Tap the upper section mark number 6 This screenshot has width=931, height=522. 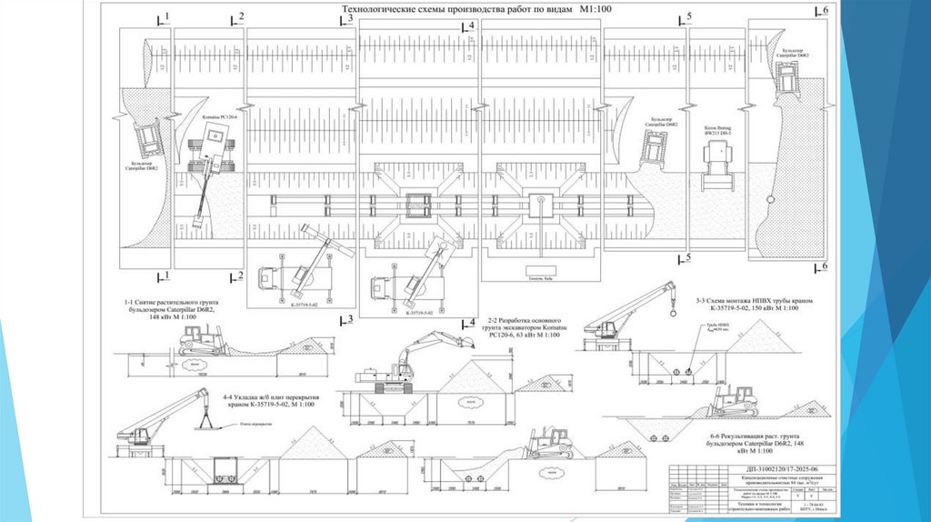[825, 10]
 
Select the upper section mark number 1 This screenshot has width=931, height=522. [166, 15]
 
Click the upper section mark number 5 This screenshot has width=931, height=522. [688, 17]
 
